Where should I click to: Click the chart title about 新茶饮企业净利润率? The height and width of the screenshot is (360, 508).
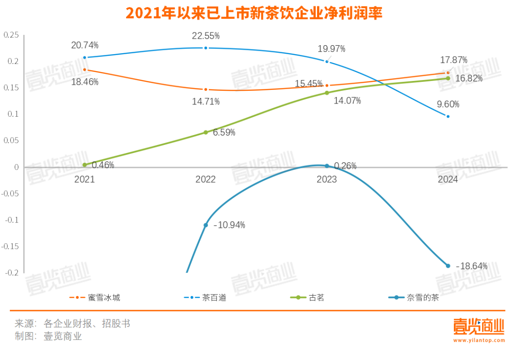(x=254, y=13)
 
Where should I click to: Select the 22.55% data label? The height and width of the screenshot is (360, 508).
(x=206, y=36)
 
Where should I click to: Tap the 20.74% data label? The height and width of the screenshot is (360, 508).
(x=85, y=45)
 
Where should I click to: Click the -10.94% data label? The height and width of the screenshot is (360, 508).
(x=229, y=225)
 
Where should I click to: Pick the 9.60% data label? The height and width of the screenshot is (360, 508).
(x=448, y=104)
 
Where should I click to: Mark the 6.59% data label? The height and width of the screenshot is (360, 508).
(x=224, y=133)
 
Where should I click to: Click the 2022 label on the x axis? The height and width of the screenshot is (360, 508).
(x=206, y=179)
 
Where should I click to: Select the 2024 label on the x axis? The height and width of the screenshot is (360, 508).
(x=448, y=179)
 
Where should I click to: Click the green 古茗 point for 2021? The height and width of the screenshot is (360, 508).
(x=85, y=165)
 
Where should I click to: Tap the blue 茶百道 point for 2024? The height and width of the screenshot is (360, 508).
(x=448, y=116)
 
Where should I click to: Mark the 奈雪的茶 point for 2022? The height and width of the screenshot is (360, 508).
(x=206, y=225)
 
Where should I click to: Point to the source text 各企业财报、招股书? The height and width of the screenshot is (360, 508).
(x=87, y=324)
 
